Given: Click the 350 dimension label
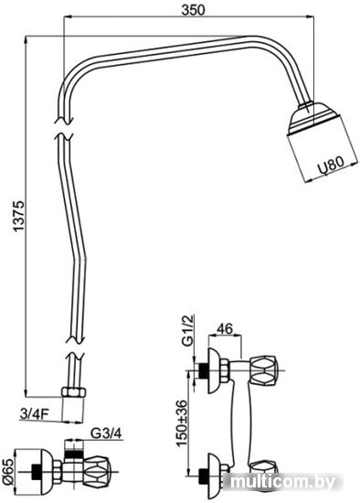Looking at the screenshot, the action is coord(193,10).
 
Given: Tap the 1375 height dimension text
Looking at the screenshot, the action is coord(18,216).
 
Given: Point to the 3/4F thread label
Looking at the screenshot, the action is coord(34,413).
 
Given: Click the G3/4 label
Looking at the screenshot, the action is coord(106,433).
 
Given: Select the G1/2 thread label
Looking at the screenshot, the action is coord(188,331).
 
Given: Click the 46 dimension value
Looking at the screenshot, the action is coord(225,328).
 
